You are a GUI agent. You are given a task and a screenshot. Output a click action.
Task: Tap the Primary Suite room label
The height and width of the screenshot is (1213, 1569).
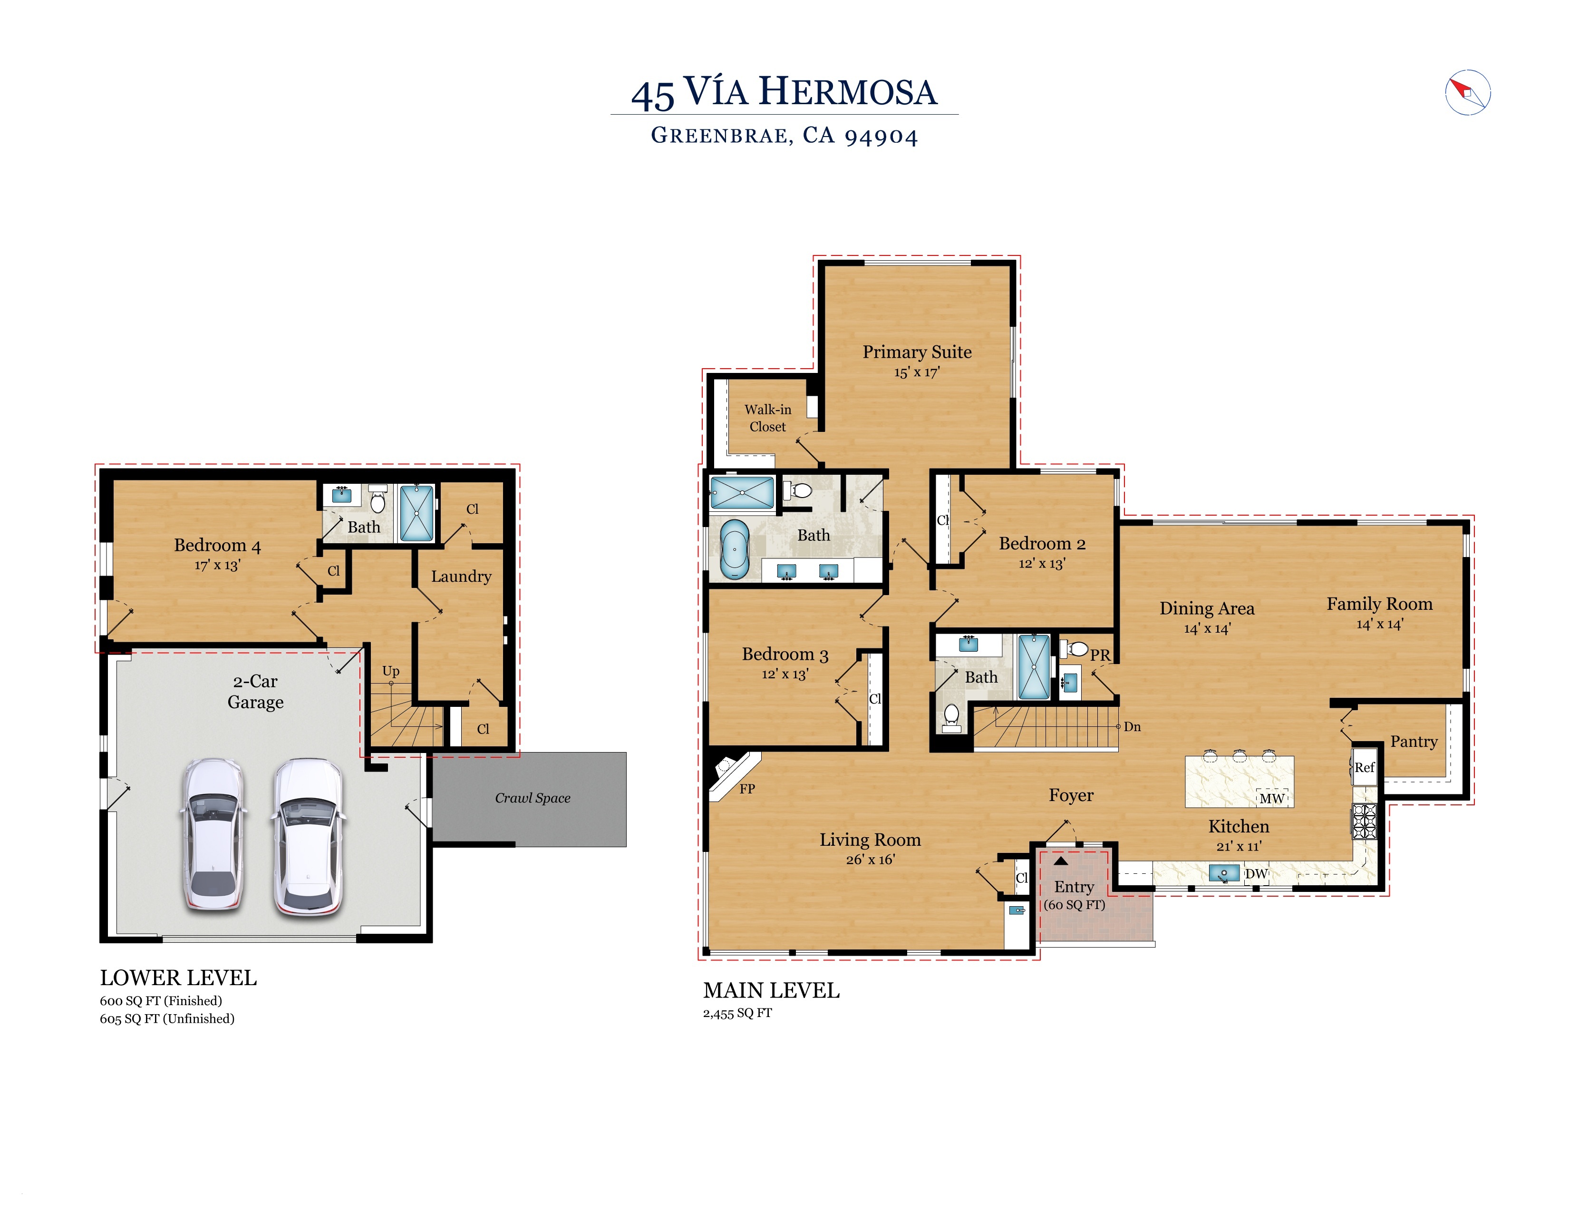tap(917, 352)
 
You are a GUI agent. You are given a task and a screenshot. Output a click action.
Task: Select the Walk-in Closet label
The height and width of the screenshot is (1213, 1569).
tap(767, 418)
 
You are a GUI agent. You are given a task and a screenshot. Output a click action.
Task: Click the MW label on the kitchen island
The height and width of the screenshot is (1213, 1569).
tap(1271, 798)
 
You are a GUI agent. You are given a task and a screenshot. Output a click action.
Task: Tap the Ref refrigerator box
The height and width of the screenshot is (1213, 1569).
tap(1364, 767)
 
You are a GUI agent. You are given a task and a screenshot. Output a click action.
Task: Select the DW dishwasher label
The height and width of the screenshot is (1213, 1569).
tap(1256, 874)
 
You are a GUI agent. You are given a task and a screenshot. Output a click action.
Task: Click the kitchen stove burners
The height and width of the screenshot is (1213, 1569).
tap(1364, 821)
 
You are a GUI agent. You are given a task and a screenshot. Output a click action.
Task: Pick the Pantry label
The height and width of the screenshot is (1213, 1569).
tap(1413, 742)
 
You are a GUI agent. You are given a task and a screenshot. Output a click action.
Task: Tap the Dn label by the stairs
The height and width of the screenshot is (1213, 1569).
tap(1132, 726)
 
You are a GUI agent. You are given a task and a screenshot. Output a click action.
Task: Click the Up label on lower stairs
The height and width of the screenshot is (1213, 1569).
tap(391, 670)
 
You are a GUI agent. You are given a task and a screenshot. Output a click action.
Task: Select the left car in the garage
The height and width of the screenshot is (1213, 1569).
tap(213, 833)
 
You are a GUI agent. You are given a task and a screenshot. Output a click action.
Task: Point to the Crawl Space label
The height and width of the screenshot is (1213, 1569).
tap(533, 798)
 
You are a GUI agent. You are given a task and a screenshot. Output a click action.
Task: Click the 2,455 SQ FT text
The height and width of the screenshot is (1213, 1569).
tap(737, 1013)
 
